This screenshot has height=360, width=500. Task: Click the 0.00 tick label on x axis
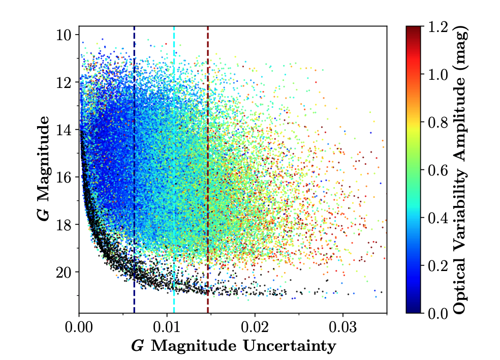point(79,325)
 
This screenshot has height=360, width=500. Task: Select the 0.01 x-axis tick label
point(167,325)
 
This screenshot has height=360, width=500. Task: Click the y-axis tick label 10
point(67,35)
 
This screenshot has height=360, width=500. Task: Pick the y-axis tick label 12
point(67,82)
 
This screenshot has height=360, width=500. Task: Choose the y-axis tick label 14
point(67,130)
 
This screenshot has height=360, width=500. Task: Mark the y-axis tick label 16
point(67,177)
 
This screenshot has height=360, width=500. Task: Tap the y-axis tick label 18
point(67,224)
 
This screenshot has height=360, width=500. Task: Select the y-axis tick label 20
point(67,272)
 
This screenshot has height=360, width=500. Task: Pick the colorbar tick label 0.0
point(438,313)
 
